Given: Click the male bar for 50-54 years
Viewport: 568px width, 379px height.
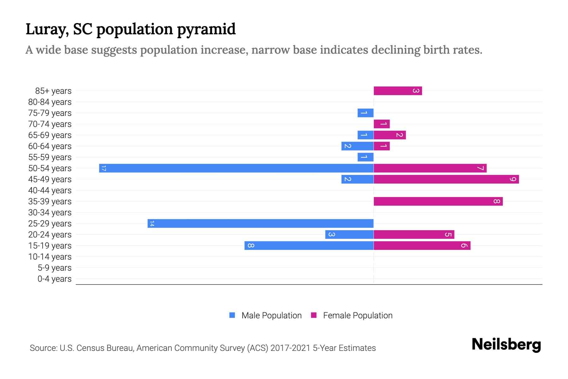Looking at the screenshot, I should [x=236, y=168].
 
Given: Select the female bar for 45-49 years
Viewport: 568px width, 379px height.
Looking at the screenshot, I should [x=446, y=179].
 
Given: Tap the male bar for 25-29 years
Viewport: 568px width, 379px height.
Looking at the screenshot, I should [x=260, y=223].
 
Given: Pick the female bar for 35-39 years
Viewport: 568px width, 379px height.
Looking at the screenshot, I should [x=438, y=201].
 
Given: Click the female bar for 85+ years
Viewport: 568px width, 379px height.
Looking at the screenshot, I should [x=398, y=91].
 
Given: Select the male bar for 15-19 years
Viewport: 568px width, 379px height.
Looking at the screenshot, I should [x=309, y=245].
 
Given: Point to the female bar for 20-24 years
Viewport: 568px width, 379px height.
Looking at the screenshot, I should [x=414, y=234].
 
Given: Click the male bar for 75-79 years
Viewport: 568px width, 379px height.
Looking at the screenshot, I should [x=365, y=113].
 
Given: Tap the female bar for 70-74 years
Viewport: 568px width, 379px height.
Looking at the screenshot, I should [x=382, y=124].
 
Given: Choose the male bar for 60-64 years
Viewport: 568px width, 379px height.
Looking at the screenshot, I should [x=357, y=146].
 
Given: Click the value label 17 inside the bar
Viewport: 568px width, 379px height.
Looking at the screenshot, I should [x=104, y=168].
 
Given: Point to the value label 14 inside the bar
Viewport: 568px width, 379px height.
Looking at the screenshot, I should [x=152, y=223].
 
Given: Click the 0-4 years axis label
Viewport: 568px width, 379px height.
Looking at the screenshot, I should [x=54, y=279].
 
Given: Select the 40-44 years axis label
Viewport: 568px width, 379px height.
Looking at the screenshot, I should [x=50, y=190].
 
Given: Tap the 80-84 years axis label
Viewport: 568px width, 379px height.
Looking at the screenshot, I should [x=50, y=102].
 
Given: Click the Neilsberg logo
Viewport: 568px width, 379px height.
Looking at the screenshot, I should [x=506, y=344].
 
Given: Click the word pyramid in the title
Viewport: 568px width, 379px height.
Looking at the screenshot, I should [x=206, y=29].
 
